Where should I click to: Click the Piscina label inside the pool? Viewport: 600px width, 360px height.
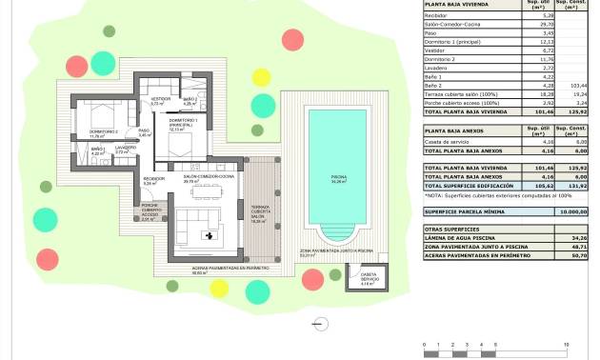[338, 178]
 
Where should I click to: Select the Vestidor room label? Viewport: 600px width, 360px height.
[159, 100]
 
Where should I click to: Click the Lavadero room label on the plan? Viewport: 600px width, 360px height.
[128, 150]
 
